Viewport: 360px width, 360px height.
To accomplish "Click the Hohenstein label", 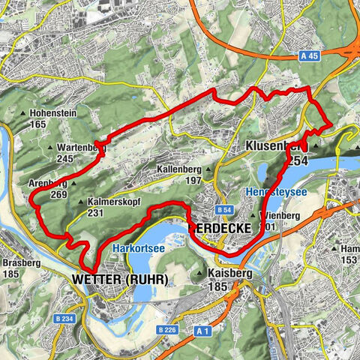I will pos(56,115).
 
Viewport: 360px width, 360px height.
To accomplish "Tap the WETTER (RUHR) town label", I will pos(121,279).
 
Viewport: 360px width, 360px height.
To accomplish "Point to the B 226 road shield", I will pos(167,329).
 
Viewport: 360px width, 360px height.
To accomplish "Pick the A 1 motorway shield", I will pos(200,330).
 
